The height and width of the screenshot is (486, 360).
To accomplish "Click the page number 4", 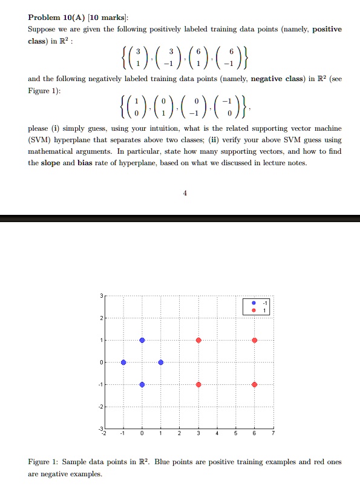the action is [x=185, y=194].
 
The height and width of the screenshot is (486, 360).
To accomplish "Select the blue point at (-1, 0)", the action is [x=123, y=363].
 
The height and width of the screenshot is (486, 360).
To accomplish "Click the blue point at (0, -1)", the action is [x=142, y=385].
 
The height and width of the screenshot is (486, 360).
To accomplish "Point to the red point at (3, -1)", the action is [x=198, y=385].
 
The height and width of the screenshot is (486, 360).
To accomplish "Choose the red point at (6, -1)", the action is [x=255, y=385].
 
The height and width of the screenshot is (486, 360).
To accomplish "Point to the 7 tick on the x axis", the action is [x=273, y=434].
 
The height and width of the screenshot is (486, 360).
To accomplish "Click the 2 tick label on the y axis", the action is [x=101, y=318].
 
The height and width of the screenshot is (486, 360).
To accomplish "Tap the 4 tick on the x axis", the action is [x=217, y=434].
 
